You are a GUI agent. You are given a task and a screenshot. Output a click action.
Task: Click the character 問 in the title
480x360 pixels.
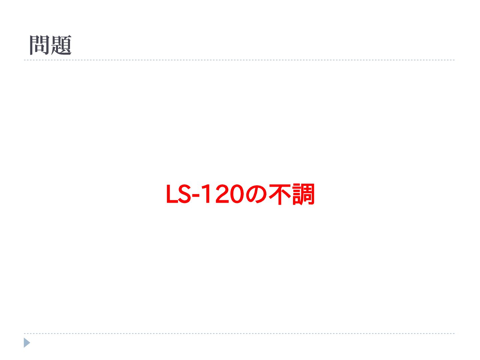pos(40,45)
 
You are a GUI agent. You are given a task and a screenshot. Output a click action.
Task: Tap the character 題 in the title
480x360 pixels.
pos(61,45)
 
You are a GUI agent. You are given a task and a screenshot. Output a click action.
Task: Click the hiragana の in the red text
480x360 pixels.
pos(256,195)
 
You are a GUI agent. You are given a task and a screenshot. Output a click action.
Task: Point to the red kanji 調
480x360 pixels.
pos(303,194)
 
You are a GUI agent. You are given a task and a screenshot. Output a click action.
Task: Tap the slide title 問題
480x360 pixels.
pos(50,45)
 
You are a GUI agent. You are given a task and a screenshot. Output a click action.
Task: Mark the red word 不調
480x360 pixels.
pos(292,194)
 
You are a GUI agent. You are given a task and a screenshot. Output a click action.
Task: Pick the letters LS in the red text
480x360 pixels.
pos(178,194)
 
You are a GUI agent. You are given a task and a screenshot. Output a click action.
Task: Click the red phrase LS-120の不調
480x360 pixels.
pos(240,194)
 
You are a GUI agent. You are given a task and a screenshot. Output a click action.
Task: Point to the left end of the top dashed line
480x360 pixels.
pos(25,60)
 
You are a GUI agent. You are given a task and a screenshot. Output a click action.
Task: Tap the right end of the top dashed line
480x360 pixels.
pos(454,60)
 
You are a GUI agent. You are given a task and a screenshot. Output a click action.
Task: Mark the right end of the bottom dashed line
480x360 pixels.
pos(454,333)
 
